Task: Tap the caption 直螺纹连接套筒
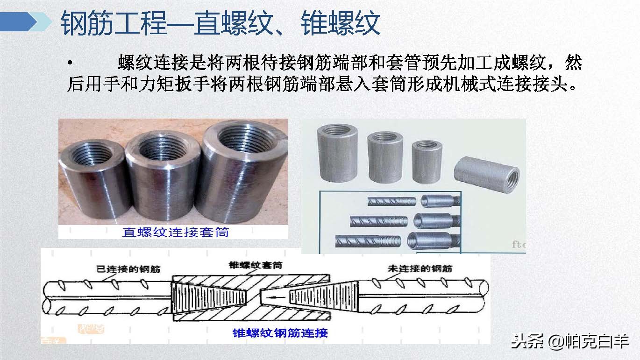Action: pos(175,232)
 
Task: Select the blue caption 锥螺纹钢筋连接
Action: pos(280,333)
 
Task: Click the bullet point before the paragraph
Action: pos(70,63)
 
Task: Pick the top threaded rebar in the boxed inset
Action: pos(391,201)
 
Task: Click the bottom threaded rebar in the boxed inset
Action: pos(368,242)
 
